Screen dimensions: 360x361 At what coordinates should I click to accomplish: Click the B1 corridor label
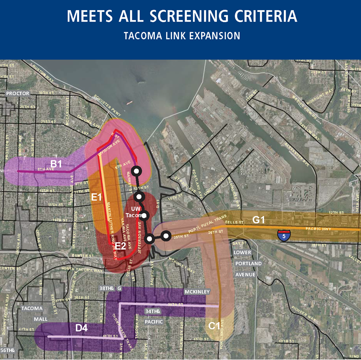pyautogui.click(x=56, y=164)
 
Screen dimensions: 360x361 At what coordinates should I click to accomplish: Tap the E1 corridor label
pyautogui.click(x=96, y=197)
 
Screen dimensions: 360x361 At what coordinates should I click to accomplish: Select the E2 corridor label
pyautogui.click(x=120, y=246)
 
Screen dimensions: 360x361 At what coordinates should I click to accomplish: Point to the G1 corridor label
pyautogui.click(x=259, y=220)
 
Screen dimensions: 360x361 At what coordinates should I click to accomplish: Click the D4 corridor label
pyautogui.click(x=81, y=329)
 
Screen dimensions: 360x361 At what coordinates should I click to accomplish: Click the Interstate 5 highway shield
pyautogui.click(x=283, y=236)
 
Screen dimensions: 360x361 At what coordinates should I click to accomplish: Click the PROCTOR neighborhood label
pyautogui.click(x=18, y=93)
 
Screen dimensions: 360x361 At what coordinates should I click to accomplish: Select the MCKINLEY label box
pyautogui.click(x=197, y=292)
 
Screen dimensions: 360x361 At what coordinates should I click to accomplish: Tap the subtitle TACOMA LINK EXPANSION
pyautogui.click(x=181, y=36)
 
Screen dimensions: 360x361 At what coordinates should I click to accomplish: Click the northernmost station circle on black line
pyautogui.click(x=136, y=171)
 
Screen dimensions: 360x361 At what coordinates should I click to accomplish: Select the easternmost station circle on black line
pyautogui.click(x=166, y=236)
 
